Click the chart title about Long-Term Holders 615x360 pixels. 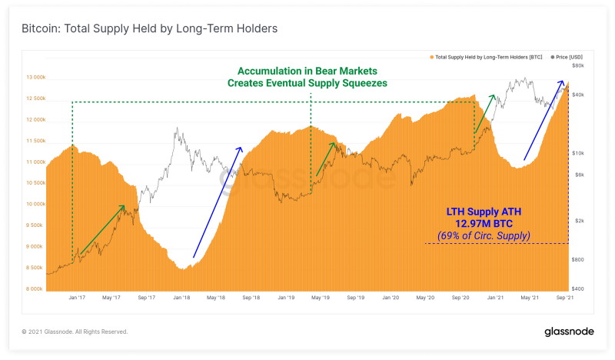coord(149,28)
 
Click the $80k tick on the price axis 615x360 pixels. coord(578,65)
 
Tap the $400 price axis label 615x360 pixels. coord(578,288)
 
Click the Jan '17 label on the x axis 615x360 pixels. coord(76,297)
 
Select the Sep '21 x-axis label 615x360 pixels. coord(565,297)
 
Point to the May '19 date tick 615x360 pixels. coord(321,297)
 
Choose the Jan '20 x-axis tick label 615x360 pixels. coord(391,297)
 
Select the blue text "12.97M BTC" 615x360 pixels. coord(484,223)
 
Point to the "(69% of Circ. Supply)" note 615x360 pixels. coord(484,235)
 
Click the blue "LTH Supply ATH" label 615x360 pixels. coord(484,212)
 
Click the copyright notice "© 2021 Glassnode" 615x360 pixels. coord(75,332)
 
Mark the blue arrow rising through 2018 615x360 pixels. coord(218,202)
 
